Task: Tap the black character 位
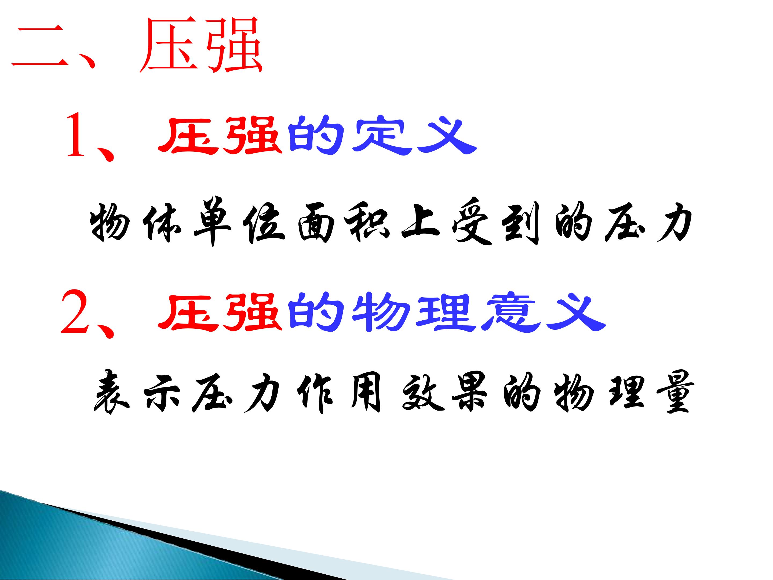coord(264,223)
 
